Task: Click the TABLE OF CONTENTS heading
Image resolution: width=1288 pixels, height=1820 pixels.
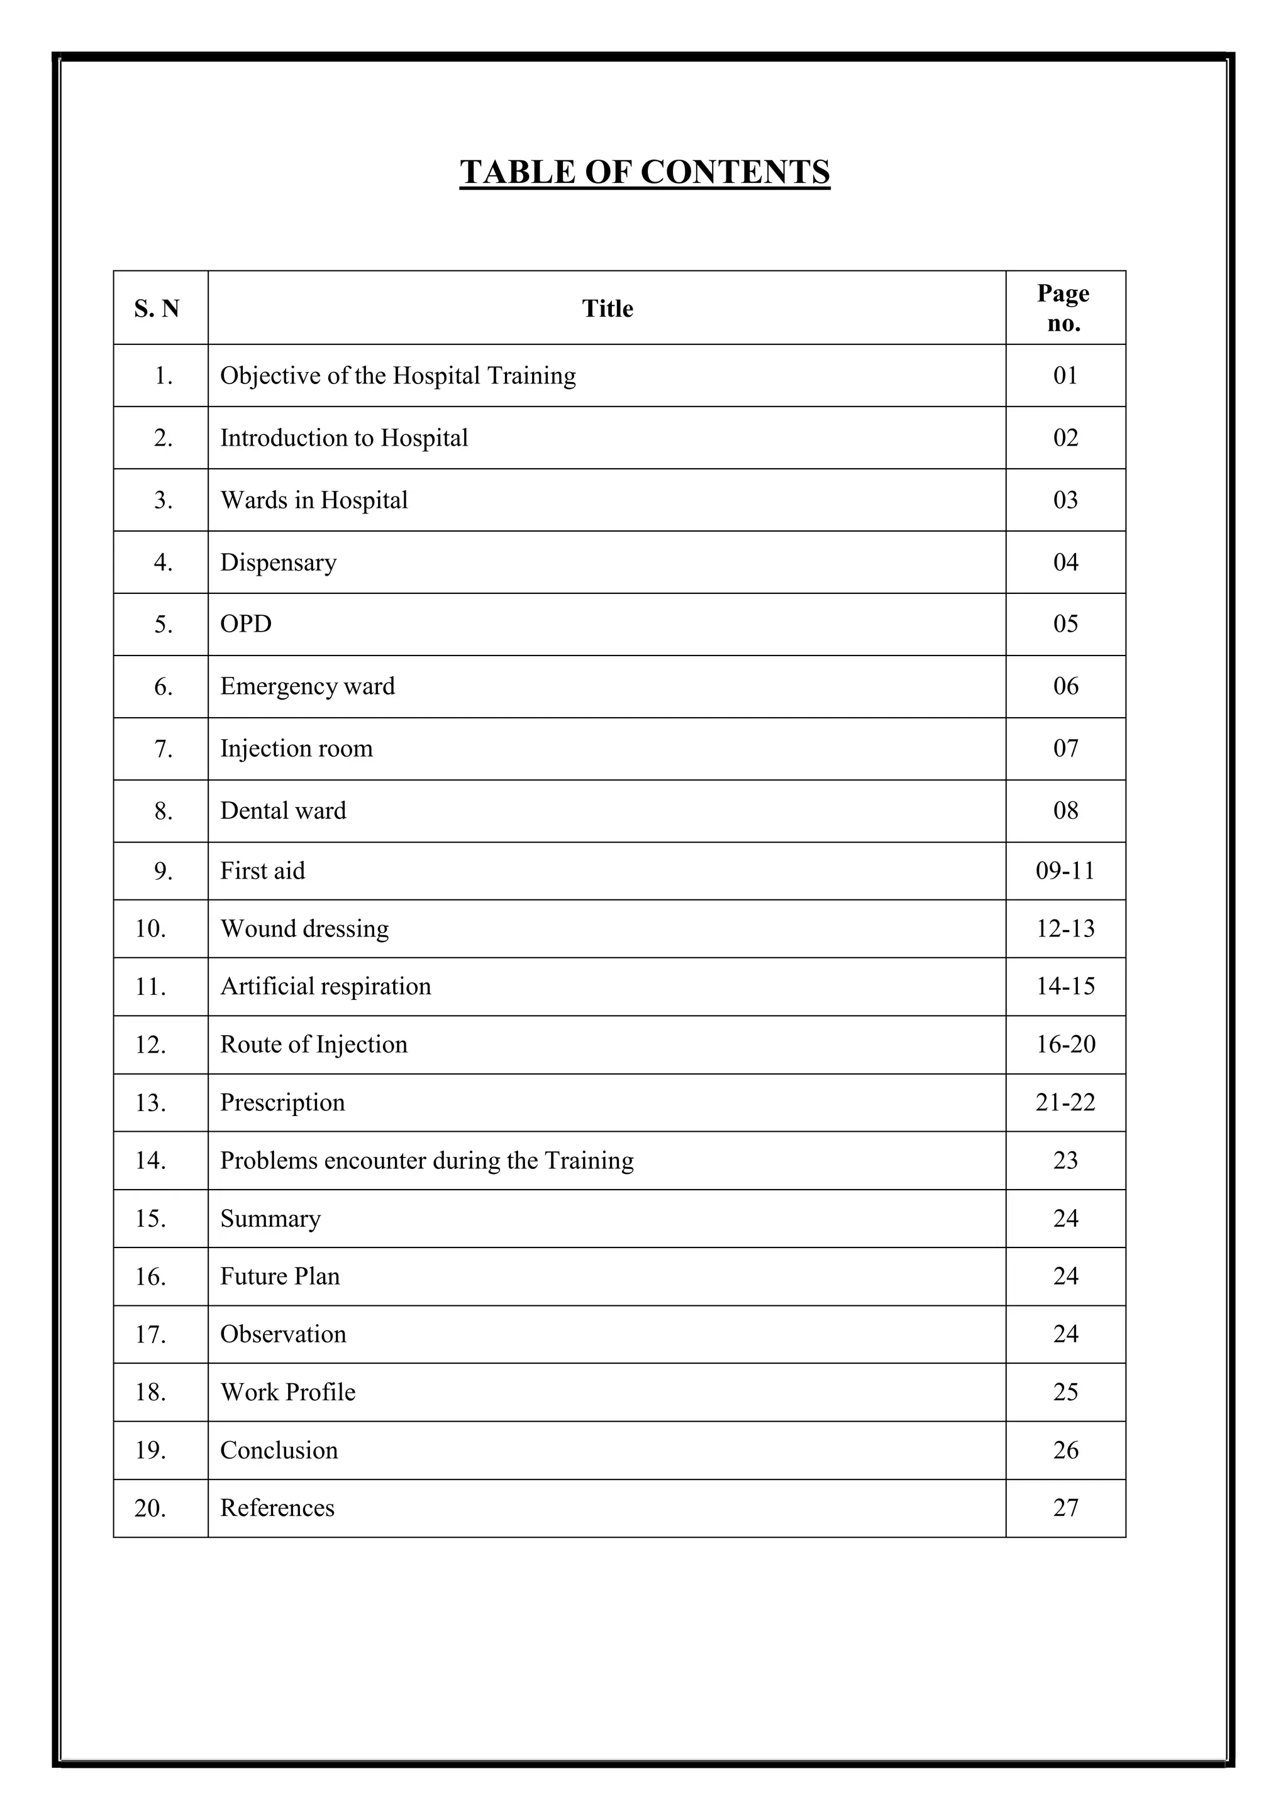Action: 644,172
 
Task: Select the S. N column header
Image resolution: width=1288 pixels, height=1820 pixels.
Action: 157,309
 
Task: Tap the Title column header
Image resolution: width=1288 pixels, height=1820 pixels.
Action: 607,309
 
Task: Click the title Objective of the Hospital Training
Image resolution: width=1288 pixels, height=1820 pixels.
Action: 397,376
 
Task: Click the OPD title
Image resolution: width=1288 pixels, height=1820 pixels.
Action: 246,624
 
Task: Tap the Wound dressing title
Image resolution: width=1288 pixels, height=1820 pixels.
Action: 304,929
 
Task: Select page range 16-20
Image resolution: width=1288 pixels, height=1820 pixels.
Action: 1065,1044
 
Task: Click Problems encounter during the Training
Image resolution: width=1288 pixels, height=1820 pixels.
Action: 426,1161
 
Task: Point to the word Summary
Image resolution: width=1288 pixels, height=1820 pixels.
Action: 270,1219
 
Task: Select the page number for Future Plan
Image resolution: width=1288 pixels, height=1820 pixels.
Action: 1065,1276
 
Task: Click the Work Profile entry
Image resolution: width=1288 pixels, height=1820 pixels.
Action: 288,1392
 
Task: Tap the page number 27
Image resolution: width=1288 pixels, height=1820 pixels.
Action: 1065,1508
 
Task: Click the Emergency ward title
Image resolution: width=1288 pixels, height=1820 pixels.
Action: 307,686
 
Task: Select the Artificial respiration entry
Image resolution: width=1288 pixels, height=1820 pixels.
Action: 325,987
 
